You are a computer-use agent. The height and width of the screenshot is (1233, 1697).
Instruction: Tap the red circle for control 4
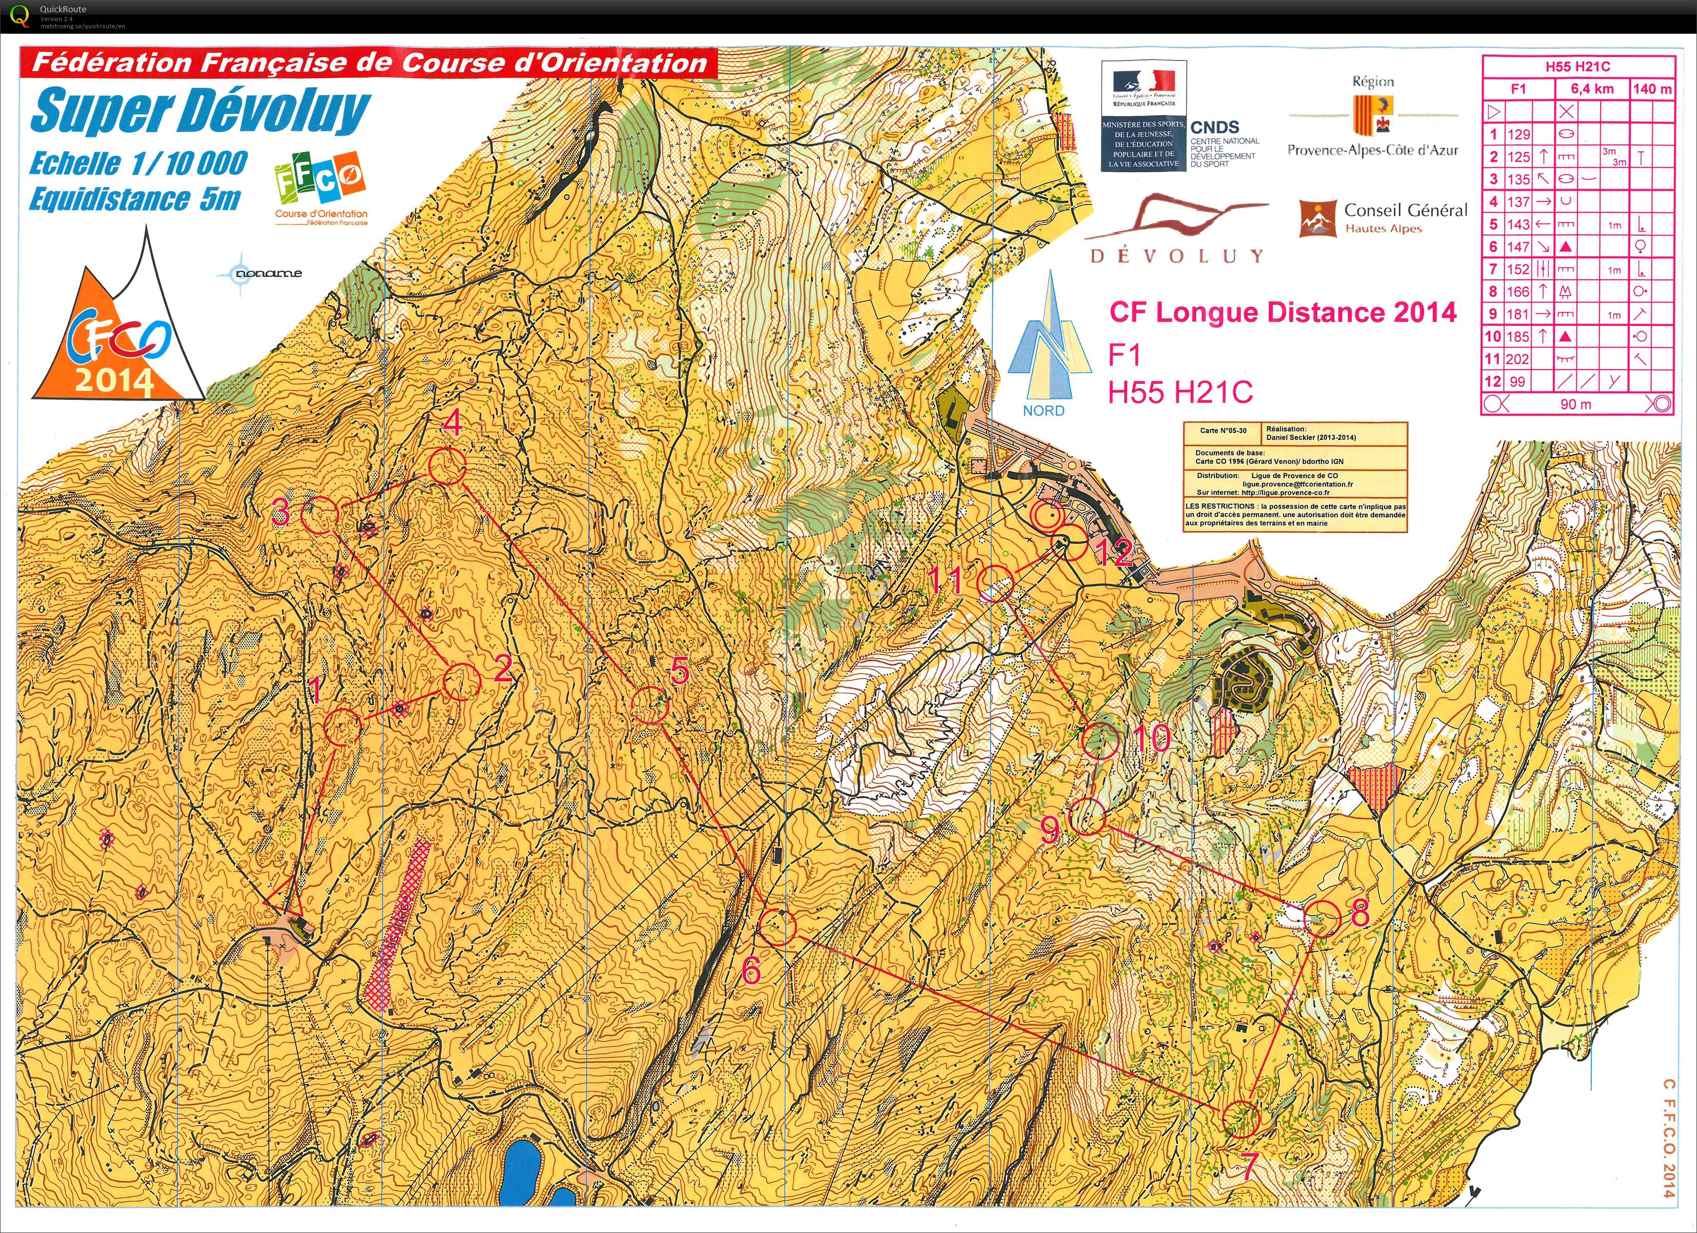click(447, 466)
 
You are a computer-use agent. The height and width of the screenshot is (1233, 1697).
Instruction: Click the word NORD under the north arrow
click(1043, 411)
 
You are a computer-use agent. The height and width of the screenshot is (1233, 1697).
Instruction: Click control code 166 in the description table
click(1518, 292)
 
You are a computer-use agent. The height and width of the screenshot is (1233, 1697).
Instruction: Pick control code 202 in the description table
click(1518, 359)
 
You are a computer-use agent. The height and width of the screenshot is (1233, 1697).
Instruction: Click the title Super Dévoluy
click(201, 111)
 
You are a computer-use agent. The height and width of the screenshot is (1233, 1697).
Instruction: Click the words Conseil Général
click(1405, 210)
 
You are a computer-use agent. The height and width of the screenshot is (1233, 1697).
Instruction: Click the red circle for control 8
click(1322, 917)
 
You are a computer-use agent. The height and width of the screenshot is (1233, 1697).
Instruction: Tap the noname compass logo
click(258, 273)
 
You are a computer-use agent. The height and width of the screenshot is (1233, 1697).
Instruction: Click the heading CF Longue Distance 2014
click(1283, 312)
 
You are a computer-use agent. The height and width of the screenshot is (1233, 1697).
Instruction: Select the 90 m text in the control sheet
click(1576, 404)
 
